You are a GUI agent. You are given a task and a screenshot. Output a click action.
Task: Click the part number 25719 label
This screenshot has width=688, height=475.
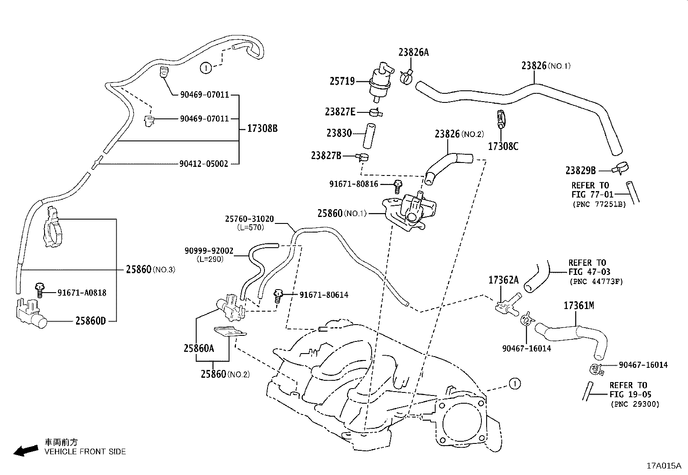coord(342,81)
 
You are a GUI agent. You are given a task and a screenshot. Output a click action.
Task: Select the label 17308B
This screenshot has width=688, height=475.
coord(262,128)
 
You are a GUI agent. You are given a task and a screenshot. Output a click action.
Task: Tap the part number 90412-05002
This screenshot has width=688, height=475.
coord(204,164)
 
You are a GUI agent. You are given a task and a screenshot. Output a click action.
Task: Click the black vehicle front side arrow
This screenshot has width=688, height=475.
coord(25,451)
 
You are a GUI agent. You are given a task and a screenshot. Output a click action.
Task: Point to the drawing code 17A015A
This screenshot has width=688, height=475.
coord(663,465)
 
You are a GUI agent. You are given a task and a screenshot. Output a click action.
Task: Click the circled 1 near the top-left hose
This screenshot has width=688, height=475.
coord(206,67)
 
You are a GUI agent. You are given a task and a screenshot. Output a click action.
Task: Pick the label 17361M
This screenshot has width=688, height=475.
coord(578,306)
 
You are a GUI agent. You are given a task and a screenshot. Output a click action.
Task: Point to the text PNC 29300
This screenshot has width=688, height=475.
coord(635,404)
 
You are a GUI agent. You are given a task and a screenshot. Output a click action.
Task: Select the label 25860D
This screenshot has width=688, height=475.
coord(90,321)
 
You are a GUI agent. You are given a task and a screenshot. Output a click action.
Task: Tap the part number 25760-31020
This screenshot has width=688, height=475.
coord(249,219)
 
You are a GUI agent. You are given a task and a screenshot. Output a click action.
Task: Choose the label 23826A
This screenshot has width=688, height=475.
coord(413,52)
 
